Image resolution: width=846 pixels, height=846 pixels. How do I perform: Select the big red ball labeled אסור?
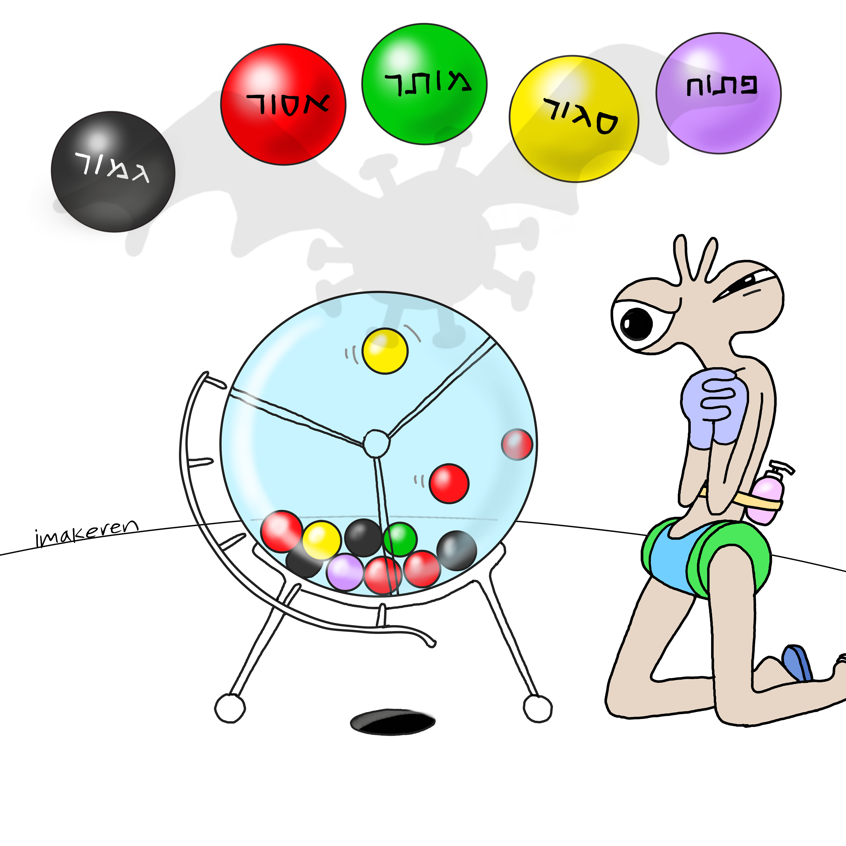(x=283, y=104)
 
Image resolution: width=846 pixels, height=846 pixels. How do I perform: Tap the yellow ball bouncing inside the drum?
(x=385, y=351)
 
